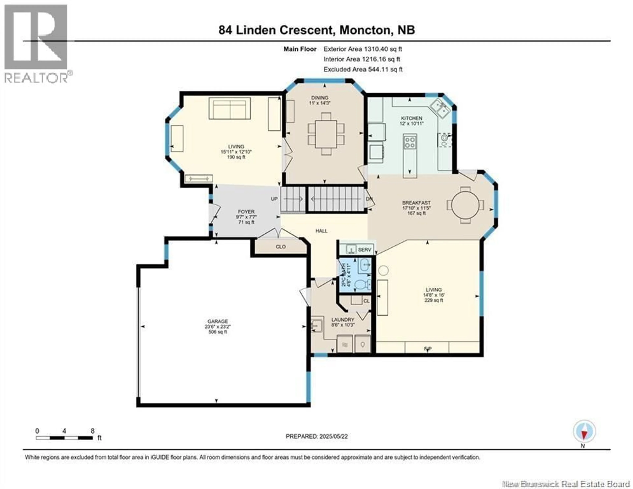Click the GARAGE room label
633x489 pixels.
pos(217,321)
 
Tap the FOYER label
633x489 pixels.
pos(246,212)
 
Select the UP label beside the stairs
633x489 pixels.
pos(274,199)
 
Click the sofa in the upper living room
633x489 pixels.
pos(230,109)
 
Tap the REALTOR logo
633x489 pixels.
pos(36,44)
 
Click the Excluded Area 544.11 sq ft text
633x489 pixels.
pos(363,69)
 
